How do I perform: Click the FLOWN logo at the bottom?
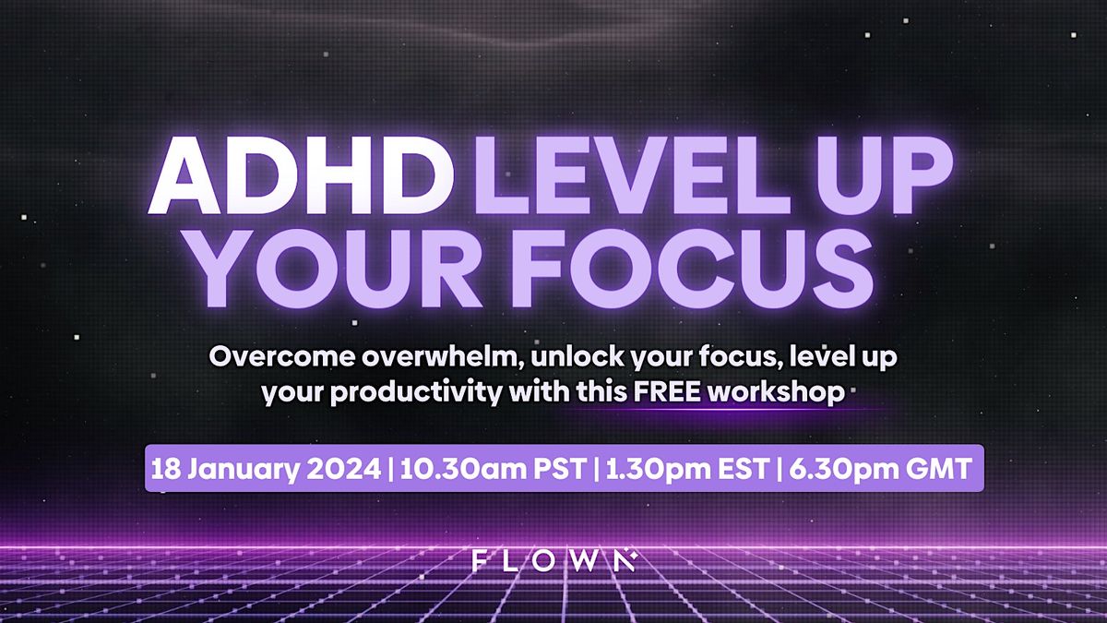point(552,560)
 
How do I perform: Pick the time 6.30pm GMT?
point(875,468)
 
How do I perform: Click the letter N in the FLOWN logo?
point(625,560)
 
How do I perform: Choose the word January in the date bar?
point(244,468)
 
